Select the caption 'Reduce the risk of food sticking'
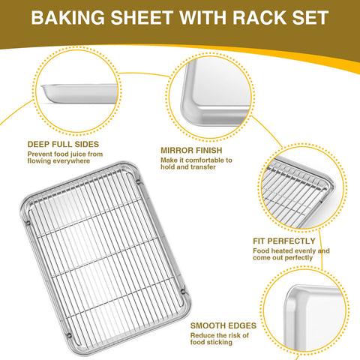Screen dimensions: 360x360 (221, 340)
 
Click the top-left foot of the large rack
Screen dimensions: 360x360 (29, 223)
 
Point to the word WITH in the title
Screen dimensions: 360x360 (207, 17)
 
